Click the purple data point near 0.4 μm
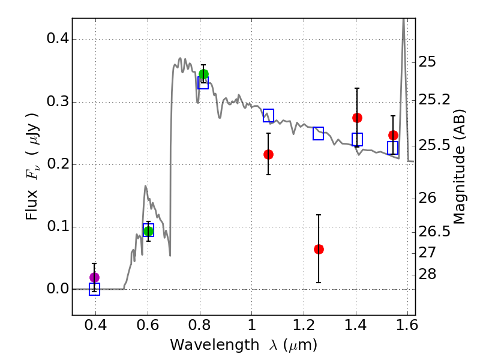pyautogui.click(x=94, y=277)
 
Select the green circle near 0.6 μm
pyautogui.click(x=148, y=231)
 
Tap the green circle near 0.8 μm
pyautogui.click(x=203, y=74)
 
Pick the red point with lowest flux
pyautogui.click(x=319, y=249)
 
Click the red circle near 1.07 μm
pyautogui.click(x=268, y=154)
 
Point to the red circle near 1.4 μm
pyautogui.click(x=357, y=118)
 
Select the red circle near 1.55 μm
pyautogui.click(x=393, y=135)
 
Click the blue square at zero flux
pyautogui.click(x=94, y=290)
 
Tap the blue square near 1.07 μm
pyautogui.click(x=268, y=116)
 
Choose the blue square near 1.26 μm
pyautogui.click(x=319, y=133)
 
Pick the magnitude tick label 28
pyautogui.click(x=430, y=275)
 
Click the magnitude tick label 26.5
pyautogui.click(x=436, y=232)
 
